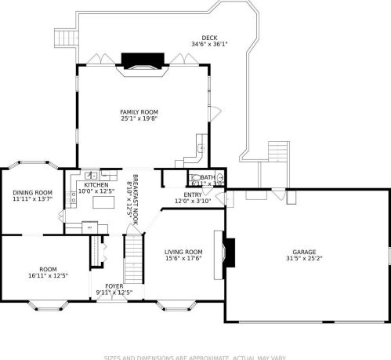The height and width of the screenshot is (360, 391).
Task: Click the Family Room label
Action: (139, 112)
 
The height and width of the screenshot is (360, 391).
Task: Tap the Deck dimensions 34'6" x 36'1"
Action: (209, 44)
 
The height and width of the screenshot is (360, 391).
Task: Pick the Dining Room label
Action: (32, 193)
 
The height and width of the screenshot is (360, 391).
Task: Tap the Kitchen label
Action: (96, 184)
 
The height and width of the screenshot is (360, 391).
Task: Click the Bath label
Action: (208, 177)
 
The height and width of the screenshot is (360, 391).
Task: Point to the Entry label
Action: (193, 195)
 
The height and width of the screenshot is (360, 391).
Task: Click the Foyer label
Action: (114, 286)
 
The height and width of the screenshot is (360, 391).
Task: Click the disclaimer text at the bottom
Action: (195, 355)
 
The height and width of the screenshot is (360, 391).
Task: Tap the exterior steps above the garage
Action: (279, 151)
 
